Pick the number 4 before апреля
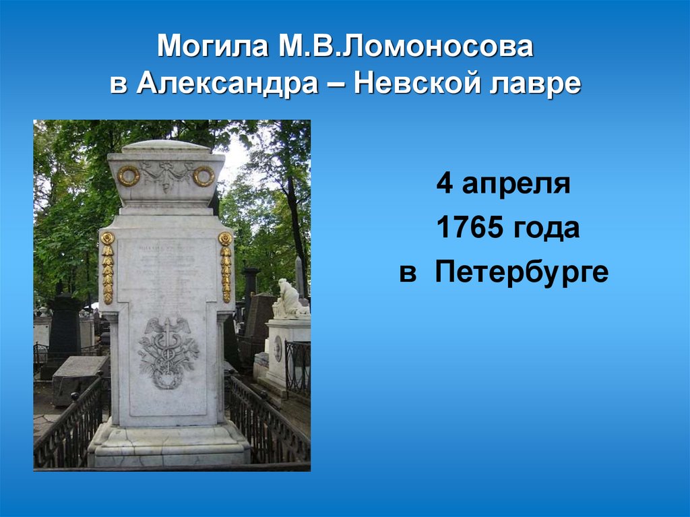point(445,184)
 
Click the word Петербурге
point(522,273)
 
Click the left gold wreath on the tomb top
point(128,176)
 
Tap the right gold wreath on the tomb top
point(203,176)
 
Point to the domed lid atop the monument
point(166,145)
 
